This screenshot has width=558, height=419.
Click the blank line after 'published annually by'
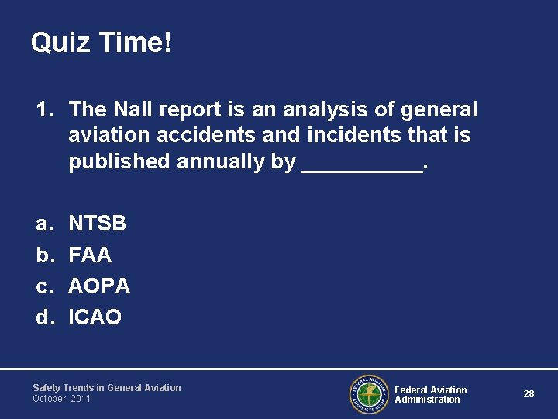[361, 164]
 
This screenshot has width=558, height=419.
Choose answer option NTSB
[98, 224]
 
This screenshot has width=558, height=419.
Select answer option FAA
[90, 255]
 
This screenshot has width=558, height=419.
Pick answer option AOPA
[99, 286]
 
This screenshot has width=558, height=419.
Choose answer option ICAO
[95, 317]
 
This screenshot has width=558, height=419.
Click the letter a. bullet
[43, 224]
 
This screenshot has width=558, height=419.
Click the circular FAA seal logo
[368, 394]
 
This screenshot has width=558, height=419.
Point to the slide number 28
[529, 394]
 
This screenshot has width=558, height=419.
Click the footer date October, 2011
[61, 399]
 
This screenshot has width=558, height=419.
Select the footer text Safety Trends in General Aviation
[106, 387]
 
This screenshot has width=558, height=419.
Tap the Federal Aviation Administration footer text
[431, 394]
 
